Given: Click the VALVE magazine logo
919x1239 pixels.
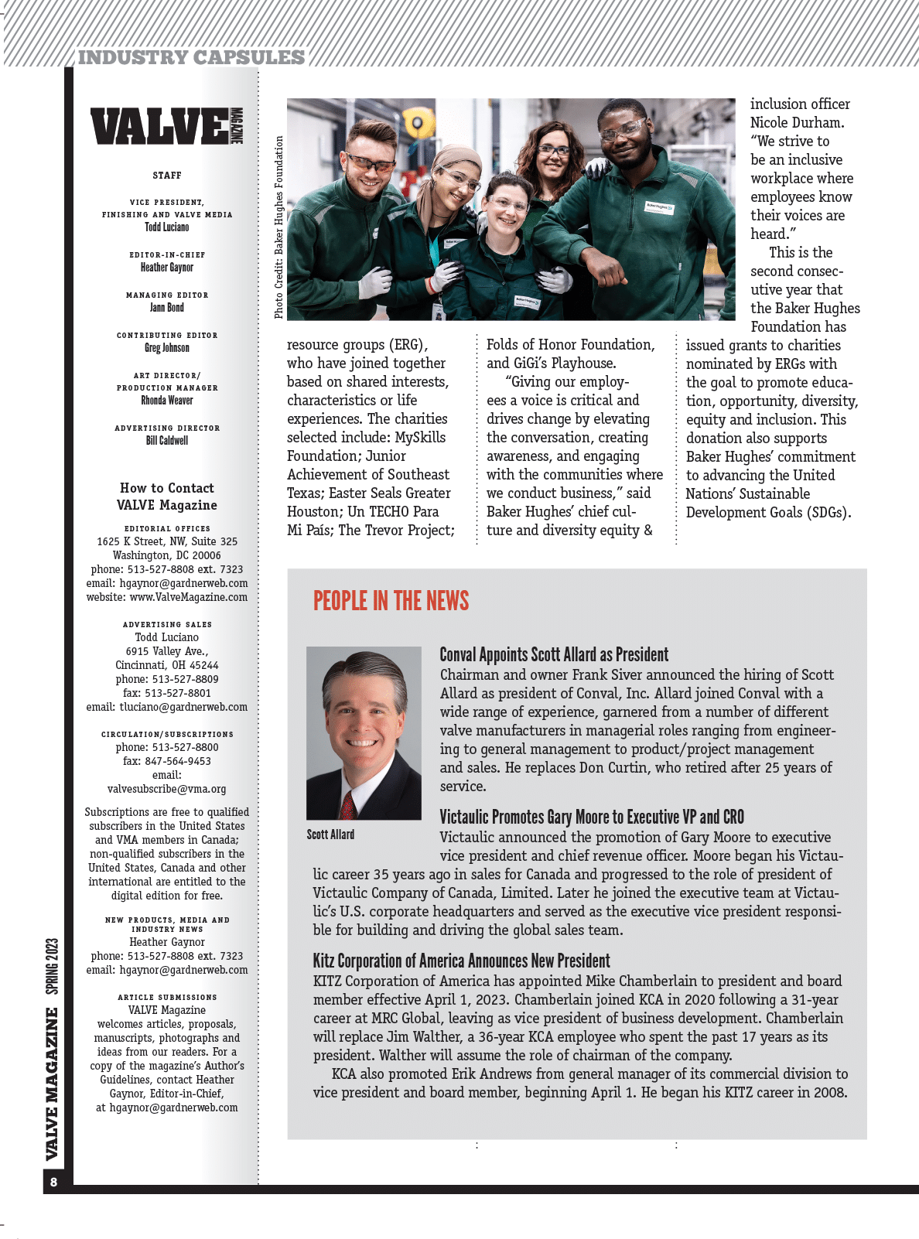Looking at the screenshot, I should (x=166, y=127).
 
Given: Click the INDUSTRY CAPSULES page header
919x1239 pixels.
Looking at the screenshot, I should (x=191, y=57).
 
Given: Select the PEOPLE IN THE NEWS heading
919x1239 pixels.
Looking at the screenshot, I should (x=391, y=601).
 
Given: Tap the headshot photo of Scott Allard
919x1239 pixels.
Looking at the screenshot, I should (x=364, y=732).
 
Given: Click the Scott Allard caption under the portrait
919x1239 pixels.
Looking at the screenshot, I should (x=330, y=835).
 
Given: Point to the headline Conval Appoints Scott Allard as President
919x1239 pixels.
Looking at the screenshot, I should (x=554, y=655).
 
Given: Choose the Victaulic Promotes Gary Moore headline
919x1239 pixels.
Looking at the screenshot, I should (x=592, y=817).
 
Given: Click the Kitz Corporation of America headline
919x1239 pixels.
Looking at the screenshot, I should (x=461, y=961).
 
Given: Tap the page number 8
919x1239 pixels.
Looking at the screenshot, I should (x=53, y=1182).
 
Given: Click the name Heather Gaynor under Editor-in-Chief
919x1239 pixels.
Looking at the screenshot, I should (x=167, y=268).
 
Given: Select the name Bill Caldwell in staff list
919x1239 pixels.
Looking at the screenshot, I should (x=167, y=441).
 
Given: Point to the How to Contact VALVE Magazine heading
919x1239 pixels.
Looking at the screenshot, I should (x=167, y=497).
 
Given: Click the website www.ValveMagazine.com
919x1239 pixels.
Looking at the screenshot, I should (x=188, y=597).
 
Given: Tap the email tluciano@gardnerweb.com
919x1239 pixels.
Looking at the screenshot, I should (x=183, y=707).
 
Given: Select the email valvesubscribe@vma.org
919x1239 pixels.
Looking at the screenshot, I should (x=167, y=789).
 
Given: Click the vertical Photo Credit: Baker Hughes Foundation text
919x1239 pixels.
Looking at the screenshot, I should (x=278, y=227).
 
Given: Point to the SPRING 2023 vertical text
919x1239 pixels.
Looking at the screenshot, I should (x=52, y=966).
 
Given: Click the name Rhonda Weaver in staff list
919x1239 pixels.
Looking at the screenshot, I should (x=167, y=401).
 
